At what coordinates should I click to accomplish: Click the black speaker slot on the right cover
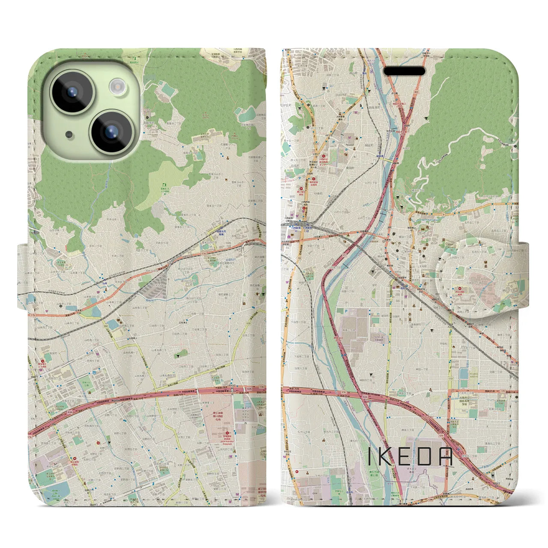click(x=404, y=71)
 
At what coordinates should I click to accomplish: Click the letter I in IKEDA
click(x=370, y=457)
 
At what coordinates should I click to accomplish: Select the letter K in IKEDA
click(x=386, y=457)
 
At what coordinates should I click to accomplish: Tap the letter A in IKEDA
click(x=447, y=457)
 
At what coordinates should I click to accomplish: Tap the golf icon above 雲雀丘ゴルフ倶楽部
click(x=163, y=183)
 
